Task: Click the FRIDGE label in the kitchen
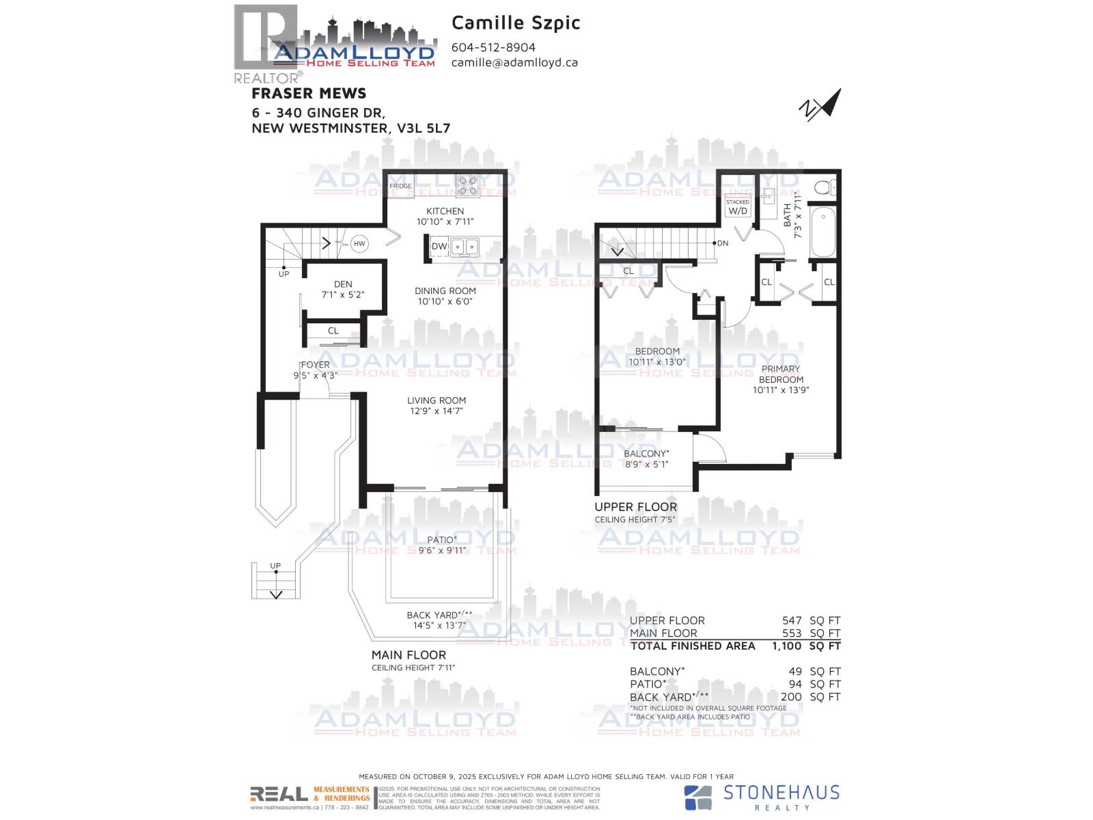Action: click(400, 186)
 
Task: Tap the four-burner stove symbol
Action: click(468, 186)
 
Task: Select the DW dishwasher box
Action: click(439, 246)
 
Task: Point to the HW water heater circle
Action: click(359, 243)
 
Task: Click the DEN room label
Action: click(343, 284)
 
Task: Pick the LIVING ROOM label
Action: click(437, 400)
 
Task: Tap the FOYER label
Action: click(315, 365)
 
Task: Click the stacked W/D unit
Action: click(738, 207)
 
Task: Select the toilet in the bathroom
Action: click(825, 187)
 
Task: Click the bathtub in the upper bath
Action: click(823, 232)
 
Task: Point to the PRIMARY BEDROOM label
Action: click(781, 374)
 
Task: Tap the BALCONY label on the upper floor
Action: click(646, 454)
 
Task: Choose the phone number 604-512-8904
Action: click(493, 47)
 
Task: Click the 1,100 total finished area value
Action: click(786, 646)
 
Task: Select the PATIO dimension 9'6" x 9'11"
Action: click(441, 550)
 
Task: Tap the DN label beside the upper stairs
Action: click(723, 243)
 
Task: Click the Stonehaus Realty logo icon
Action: click(698, 797)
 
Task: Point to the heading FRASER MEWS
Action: click(309, 94)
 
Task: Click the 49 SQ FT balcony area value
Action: click(795, 672)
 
